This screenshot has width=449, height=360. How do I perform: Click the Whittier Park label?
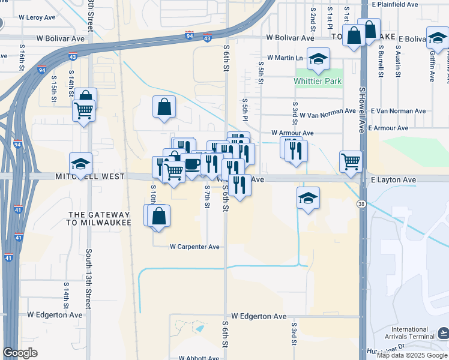point(318,81)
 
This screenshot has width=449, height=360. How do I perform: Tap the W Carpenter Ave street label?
point(194,247)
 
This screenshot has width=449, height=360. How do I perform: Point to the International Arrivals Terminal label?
point(409,333)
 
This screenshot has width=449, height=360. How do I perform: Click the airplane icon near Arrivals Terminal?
point(443,332)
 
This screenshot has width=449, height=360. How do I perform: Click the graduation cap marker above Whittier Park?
point(318,59)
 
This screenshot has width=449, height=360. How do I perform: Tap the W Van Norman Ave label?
point(328,112)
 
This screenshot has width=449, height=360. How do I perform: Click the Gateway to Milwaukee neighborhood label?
point(100,218)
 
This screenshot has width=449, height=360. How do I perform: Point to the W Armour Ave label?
point(292,133)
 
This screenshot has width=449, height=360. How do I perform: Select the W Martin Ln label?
point(286,58)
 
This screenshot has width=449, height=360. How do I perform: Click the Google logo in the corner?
point(20,352)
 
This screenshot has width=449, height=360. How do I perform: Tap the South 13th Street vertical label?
point(89,275)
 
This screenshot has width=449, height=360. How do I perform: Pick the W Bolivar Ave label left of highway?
point(60,38)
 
